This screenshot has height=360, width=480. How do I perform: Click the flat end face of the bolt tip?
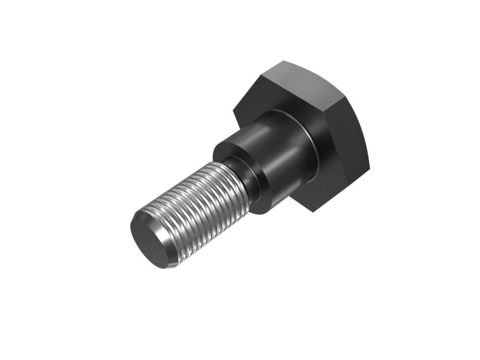coord(150,240)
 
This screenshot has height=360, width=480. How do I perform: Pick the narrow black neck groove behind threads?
coord(252,180)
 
